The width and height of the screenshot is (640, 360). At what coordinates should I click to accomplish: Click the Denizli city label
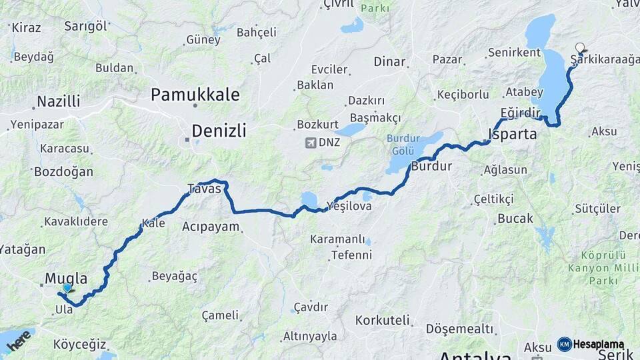(x=219, y=131)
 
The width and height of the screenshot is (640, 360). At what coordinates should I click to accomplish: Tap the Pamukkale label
(x=195, y=95)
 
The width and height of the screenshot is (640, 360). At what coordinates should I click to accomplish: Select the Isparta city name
(x=513, y=133)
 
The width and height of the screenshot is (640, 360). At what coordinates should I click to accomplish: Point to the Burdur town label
(x=431, y=166)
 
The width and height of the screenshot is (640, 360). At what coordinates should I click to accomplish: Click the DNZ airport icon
(x=310, y=143)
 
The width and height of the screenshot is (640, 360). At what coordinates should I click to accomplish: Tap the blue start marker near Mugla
(x=67, y=289)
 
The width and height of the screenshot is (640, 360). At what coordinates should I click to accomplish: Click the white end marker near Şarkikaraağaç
(x=580, y=48)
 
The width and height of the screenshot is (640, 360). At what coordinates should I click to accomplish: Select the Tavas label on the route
(x=203, y=188)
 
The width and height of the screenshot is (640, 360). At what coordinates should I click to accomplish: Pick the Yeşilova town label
(x=349, y=207)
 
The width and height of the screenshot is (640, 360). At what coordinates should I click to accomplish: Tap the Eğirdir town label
(x=519, y=113)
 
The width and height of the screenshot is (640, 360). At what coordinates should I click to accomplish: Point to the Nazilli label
(x=59, y=101)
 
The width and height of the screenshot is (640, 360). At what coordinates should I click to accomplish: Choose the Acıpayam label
(x=211, y=227)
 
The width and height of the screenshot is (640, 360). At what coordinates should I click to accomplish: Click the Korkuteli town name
(x=382, y=321)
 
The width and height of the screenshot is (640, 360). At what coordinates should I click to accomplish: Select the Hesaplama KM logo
(x=591, y=344)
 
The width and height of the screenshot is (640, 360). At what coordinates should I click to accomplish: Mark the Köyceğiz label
(x=79, y=345)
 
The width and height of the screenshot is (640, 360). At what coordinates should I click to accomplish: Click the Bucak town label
(x=515, y=219)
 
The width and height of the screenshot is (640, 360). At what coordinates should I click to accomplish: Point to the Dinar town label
(x=389, y=62)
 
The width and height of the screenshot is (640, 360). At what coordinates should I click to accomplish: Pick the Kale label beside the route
(x=153, y=223)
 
